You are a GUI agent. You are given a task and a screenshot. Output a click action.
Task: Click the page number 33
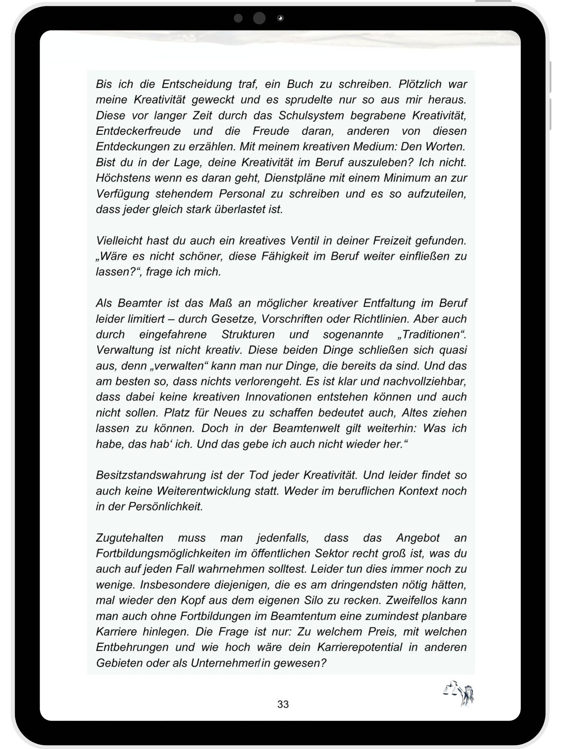[283, 704]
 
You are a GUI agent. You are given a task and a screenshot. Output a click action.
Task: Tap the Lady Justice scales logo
[459, 694]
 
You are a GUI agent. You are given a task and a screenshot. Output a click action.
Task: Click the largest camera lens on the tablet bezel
[259, 18]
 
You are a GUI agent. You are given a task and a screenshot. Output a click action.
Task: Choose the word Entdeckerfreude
[138, 131]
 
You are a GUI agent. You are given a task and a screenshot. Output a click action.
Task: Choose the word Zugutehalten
[130, 538]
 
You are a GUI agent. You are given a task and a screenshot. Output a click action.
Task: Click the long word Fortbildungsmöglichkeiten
[163, 554]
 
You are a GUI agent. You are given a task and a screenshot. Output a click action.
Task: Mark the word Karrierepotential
[360, 648]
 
